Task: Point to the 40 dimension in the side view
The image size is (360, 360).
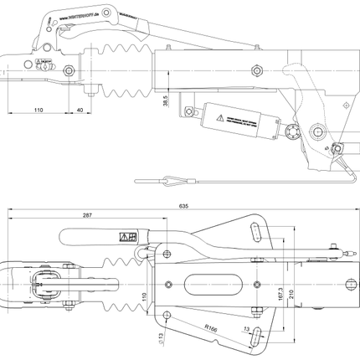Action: click(80, 110)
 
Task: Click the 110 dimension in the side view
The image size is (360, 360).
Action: click(38, 110)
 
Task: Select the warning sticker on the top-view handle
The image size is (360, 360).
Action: click(131, 236)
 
